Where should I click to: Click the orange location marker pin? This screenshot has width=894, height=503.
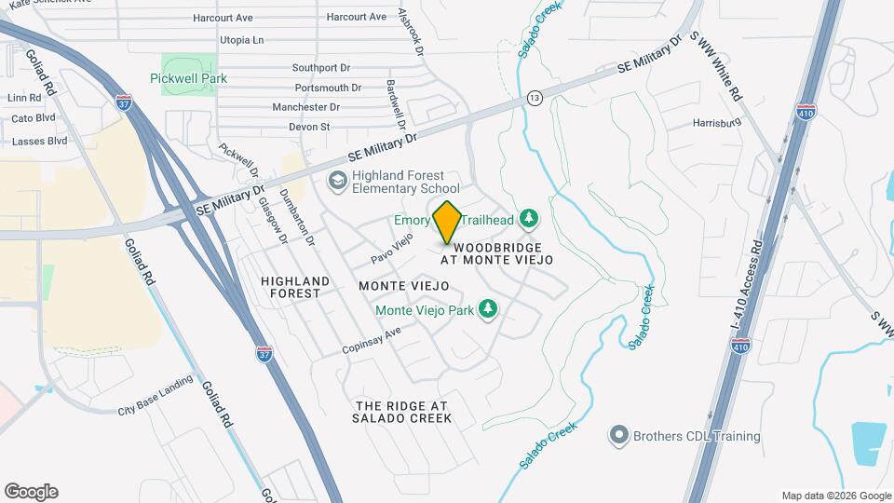click(447, 222)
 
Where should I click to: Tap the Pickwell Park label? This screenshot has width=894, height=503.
click(188, 78)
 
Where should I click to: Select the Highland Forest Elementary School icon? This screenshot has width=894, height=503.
click(336, 179)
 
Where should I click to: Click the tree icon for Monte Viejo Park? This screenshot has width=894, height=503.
click(487, 308)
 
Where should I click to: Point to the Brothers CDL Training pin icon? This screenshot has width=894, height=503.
click(617, 435)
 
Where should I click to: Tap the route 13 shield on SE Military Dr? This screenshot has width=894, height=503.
click(534, 97)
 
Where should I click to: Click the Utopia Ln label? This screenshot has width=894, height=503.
click(241, 41)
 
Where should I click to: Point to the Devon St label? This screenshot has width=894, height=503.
click(310, 127)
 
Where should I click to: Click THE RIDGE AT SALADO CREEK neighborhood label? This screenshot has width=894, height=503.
click(402, 413)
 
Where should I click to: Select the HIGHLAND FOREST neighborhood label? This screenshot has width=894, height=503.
click(295, 286)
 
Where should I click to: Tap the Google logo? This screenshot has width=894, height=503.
click(31, 492)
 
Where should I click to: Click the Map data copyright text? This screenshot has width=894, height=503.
click(835, 496)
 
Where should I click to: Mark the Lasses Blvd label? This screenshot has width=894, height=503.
click(39, 141)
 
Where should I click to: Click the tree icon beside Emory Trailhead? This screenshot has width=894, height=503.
click(529, 219)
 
